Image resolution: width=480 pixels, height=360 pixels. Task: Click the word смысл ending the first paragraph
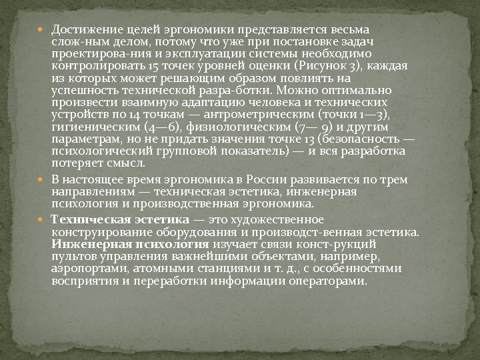[x=125, y=163]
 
